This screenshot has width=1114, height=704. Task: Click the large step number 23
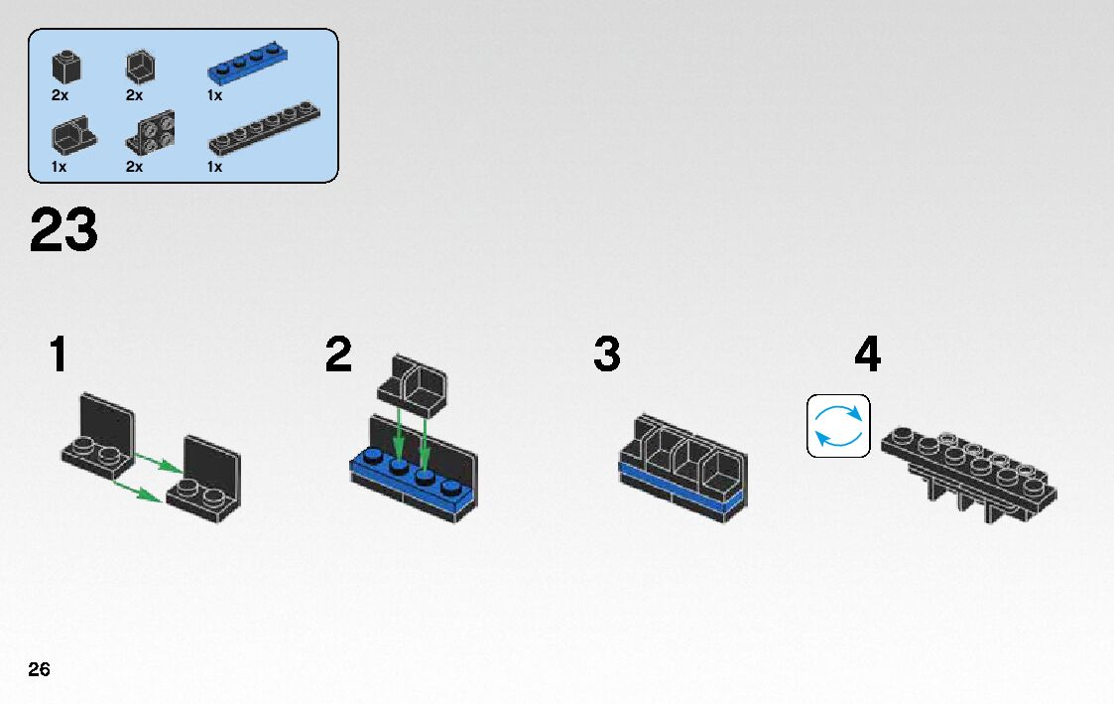coord(64,230)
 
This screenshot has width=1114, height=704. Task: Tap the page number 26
coord(39,669)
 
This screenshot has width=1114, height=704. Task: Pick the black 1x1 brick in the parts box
coord(66,67)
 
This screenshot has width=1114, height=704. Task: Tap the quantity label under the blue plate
coord(214,95)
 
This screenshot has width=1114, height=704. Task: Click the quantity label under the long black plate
coord(214,167)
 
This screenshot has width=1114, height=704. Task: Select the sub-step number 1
coord(60,355)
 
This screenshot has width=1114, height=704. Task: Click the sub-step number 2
coord(338,355)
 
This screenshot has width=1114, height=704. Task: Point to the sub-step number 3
coord(607,355)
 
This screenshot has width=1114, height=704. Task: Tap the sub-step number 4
coord(867,355)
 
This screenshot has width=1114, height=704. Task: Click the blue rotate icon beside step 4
coord(838,426)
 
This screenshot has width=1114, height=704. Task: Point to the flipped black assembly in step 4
coord(967,466)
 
